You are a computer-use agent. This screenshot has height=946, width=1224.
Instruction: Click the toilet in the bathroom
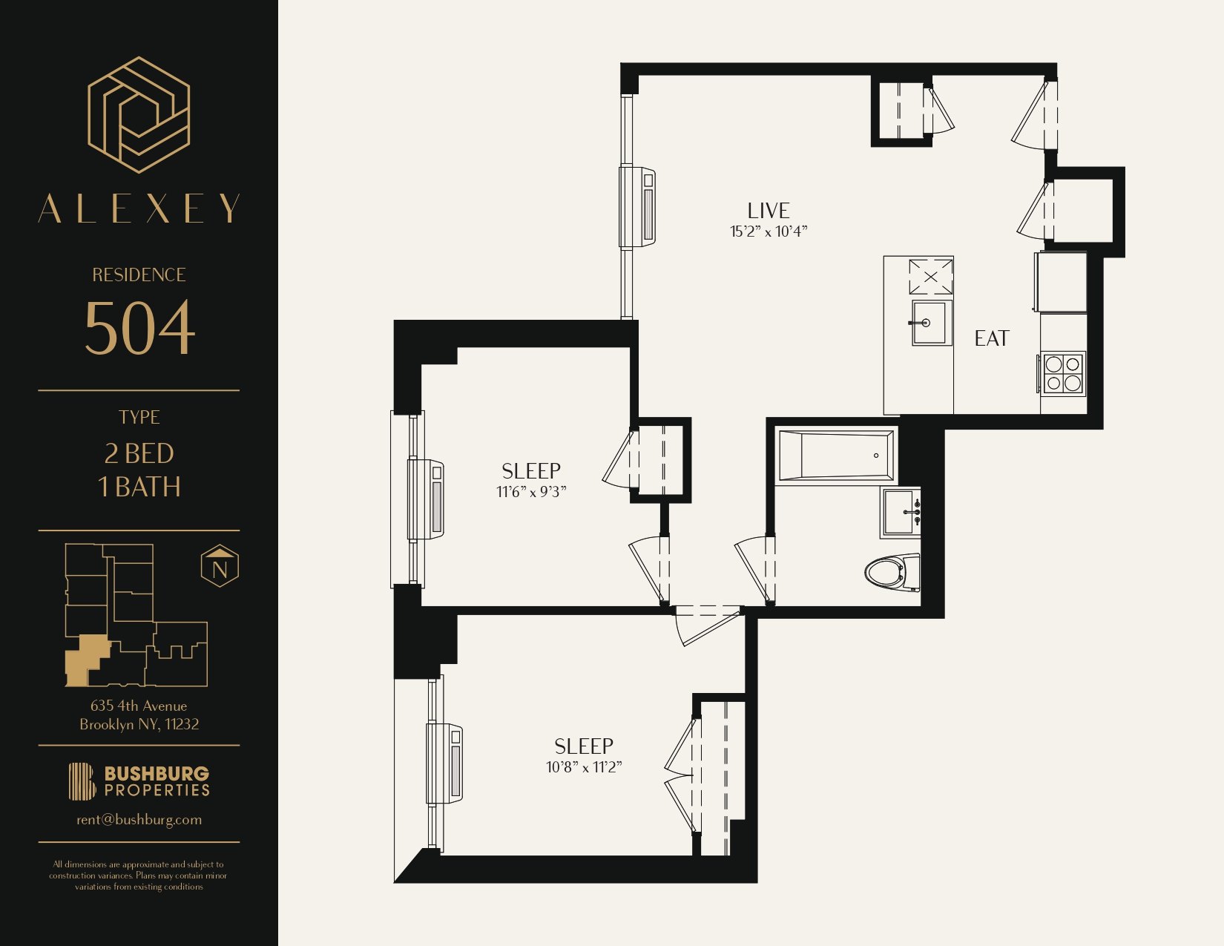[892, 572]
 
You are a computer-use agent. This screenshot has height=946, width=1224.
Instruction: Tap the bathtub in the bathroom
[836, 456]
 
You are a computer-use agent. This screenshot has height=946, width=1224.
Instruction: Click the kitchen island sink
[931, 323]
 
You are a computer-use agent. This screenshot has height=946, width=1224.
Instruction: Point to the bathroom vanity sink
[900, 512]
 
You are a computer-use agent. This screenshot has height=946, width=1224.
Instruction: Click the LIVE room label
[769, 211]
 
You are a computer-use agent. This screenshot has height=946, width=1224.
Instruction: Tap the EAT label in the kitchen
[992, 338]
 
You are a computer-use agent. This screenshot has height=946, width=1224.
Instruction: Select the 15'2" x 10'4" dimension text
[769, 231]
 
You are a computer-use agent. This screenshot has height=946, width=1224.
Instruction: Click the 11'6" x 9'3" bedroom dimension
[530, 492]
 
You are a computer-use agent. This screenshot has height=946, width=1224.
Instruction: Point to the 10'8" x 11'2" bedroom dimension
[584, 767]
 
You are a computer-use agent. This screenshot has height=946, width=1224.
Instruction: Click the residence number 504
[139, 328]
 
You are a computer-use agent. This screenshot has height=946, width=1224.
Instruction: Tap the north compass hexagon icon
[220, 565]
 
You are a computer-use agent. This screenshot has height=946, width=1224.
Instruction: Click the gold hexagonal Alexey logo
[139, 114]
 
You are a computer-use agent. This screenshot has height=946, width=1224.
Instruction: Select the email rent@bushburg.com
[139, 820]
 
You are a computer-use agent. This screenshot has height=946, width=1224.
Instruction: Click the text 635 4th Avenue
[139, 706]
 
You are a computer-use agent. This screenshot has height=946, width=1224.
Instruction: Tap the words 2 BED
[139, 453]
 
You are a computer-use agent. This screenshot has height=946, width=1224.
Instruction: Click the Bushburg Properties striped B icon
[82, 781]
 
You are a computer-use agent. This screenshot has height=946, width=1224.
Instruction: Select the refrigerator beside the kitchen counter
[1060, 281]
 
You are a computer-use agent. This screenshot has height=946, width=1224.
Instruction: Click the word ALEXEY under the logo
[139, 208]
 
